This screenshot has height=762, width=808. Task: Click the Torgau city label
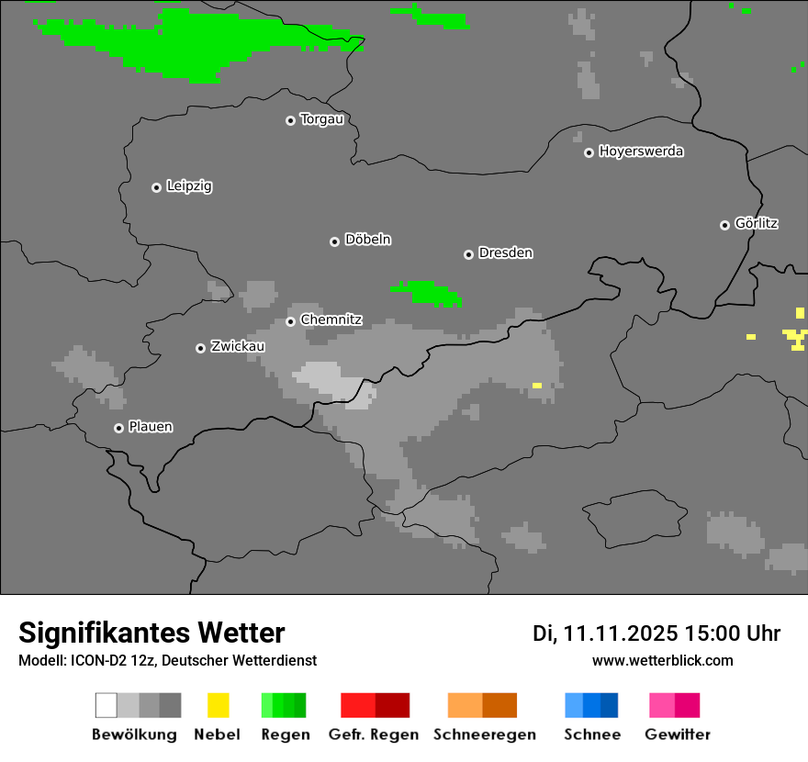[321, 119]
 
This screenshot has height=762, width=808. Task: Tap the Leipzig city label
[189, 186]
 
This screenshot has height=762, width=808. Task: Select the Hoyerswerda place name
[641, 151]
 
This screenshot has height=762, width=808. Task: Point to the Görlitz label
[757, 223]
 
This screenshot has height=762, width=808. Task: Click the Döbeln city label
[367, 240]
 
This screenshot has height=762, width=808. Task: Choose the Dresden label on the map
[505, 252]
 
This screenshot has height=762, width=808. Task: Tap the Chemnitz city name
[331, 319]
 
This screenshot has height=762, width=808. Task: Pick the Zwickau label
[238, 346]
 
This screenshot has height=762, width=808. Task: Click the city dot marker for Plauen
[118, 428]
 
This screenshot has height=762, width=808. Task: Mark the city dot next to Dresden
[468, 254]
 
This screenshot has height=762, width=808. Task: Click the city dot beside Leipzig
[156, 187]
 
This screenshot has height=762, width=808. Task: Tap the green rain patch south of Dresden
[428, 293]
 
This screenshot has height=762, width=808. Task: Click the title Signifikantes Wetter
[151, 633]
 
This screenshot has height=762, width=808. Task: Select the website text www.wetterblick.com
[662, 661]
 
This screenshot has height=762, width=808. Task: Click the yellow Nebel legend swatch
[218, 705]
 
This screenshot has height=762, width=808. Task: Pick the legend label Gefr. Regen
[373, 734]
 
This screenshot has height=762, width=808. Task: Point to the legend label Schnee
[591, 734]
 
